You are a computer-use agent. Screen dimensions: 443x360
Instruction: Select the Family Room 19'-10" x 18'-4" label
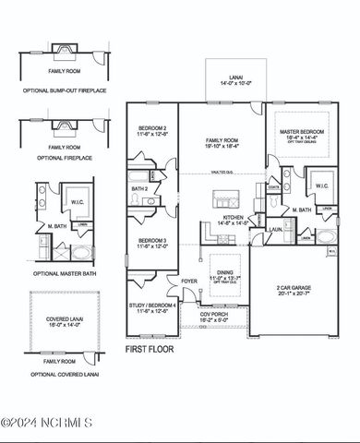tap(222, 142)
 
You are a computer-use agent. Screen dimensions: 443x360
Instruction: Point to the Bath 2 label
tap(139, 189)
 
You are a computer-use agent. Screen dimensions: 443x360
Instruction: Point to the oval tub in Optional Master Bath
tap(81, 252)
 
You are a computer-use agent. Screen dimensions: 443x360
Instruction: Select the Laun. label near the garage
tap(274, 230)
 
